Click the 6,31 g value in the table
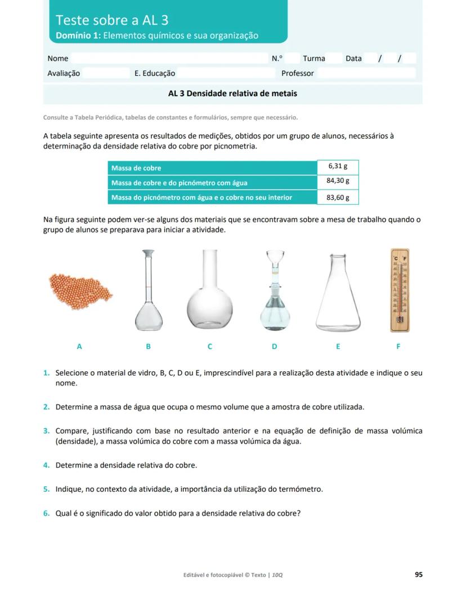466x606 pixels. pos(338,167)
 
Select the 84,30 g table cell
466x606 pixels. pos(338,181)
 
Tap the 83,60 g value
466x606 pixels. pos(338,197)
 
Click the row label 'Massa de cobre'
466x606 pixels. pos(136,168)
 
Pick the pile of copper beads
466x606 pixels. pos(79,288)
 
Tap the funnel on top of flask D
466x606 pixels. pos(274,260)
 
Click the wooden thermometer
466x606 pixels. pos(400,290)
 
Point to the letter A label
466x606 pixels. pos(79,347)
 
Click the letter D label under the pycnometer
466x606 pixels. pos(274,347)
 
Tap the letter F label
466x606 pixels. pos(398,347)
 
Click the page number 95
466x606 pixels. pos(418,574)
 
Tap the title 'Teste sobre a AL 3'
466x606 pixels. pos(112,20)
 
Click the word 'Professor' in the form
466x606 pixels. pos(297,73)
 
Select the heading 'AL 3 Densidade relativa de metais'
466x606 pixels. pos(232,93)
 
